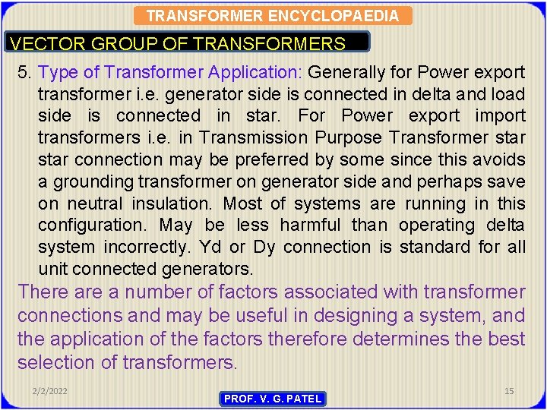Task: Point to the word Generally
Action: coord(346,72)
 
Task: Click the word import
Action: coord(500,115)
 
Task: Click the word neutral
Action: coord(96,203)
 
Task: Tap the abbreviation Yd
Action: coord(215,248)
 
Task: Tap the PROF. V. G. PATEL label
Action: coord(273,399)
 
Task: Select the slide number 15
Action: coord(509,390)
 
